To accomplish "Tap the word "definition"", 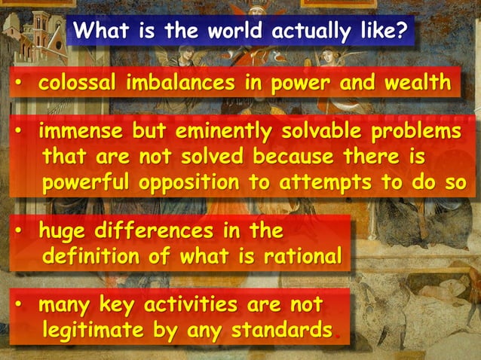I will click(x=95, y=256).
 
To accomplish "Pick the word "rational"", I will click(x=306, y=256).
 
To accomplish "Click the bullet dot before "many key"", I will click(x=20, y=307).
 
